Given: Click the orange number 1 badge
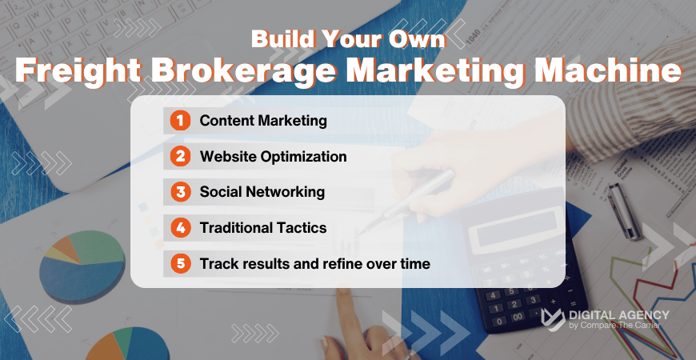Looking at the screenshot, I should tap(181, 121).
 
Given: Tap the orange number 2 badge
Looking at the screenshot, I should tap(181, 157).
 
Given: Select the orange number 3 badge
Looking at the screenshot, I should tap(181, 192).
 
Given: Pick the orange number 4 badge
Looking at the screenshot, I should tap(181, 228).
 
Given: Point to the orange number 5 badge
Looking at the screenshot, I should tap(181, 263).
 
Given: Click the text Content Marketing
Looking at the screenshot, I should tap(263, 121).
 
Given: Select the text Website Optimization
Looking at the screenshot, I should tap(273, 157).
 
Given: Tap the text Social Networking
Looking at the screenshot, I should tap(262, 192).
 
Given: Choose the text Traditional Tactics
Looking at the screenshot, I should tap(263, 228).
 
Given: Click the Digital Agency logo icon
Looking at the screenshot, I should tap(553, 319).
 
